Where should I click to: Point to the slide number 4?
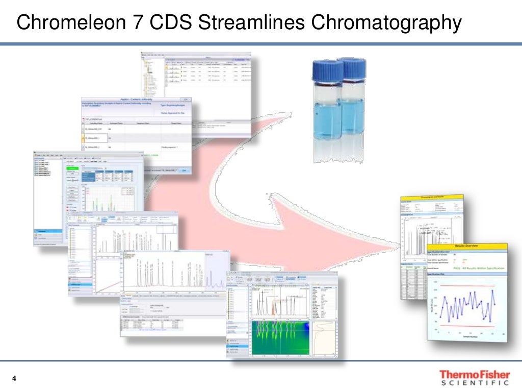point(14,378)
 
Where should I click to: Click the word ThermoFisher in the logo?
point(474,375)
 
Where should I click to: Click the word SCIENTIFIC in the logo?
point(474,383)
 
